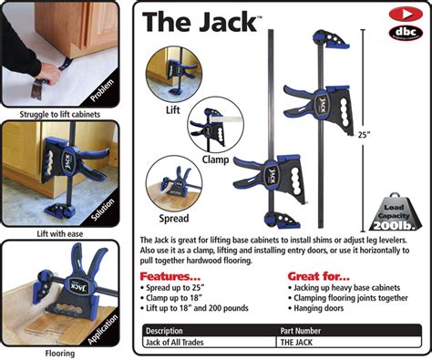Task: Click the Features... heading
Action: tap(170, 276)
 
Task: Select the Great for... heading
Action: tap(318, 276)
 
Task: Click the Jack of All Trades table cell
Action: tap(179, 342)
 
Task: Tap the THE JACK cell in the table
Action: tap(300, 342)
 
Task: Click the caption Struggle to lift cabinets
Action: tap(59, 115)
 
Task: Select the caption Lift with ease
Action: tap(59, 233)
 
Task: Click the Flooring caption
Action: tap(59, 352)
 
